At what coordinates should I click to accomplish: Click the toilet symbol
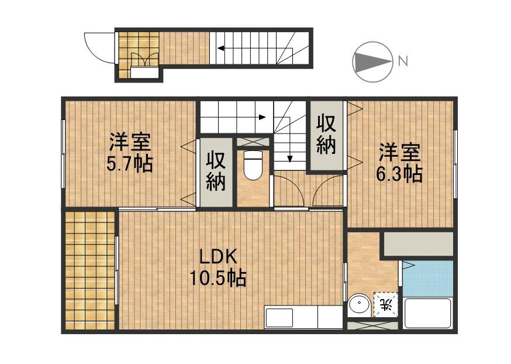pyautogui.click(x=253, y=165)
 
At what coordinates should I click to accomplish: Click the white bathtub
pyautogui.click(x=428, y=313)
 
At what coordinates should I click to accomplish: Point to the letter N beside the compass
pyautogui.click(x=402, y=60)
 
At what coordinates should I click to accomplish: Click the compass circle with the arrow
pyautogui.click(x=372, y=61)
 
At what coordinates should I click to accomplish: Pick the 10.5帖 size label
pyautogui.click(x=217, y=277)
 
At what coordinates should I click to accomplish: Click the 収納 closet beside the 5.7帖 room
pyautogui.click(x=216, y=171)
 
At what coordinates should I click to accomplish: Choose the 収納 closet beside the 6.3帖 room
pyautogui.click(x=326, y=135)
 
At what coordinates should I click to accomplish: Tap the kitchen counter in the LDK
pyautogui.click(x=303, y=317)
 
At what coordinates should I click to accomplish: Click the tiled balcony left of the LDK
pyautogui.click(x=89, y=270)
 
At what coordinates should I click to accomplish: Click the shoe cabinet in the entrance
pyautogui.click(x=144, y=73)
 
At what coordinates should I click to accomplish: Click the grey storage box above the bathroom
pyautogui.click(x=418, y=243)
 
